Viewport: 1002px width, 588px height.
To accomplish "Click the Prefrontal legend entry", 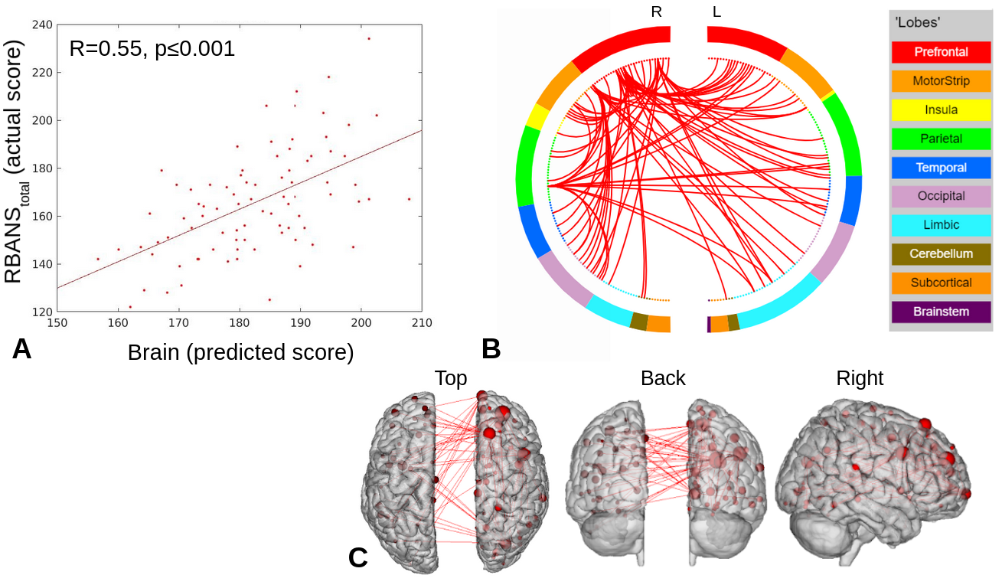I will pos(941,52).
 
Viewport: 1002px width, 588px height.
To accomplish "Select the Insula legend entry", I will pos(941,109).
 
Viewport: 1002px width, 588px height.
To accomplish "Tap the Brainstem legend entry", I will pos(941,312).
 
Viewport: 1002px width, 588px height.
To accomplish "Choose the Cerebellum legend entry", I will pos(941,253).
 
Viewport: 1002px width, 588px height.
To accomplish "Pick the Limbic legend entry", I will pos(941,225).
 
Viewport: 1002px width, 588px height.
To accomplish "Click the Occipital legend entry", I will pos(941,196).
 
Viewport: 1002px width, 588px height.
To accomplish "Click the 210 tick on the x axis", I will pos(421,323).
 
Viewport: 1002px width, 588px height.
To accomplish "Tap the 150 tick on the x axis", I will pos(57,323).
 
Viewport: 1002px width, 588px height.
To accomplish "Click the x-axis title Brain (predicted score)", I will pos(240,352).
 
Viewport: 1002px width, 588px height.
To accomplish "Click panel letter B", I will pos(491,349).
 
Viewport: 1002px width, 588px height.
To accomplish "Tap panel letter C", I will pos(358,557).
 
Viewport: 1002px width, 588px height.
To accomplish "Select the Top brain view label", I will pos(451,378).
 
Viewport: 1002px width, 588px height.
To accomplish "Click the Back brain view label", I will pos(663,378).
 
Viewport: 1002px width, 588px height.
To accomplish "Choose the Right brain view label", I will pos(860,378).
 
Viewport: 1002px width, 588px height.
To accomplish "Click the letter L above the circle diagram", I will pos(716,12).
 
